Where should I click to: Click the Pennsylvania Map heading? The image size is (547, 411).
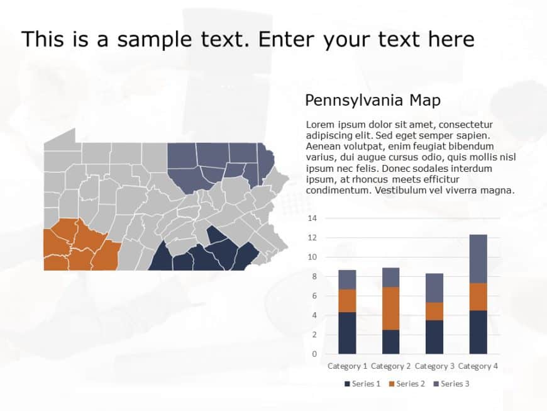click(x=372, y=100)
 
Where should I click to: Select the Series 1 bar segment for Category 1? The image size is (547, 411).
click(x=347, y=332)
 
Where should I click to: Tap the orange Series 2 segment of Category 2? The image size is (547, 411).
click(x=391, y=308)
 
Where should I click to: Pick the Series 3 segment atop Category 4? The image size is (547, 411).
click(x=478, y=259)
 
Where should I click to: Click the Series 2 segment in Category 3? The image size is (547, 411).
click(x=434, y=311)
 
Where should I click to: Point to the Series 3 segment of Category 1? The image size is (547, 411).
click(x=347, y=279)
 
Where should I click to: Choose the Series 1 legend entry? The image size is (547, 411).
click(x=362, y=383)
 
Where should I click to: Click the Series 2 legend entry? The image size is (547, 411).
click(x=407, y=383)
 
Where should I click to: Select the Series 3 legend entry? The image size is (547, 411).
click(x=451, y=383)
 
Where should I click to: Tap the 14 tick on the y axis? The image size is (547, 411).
click(x=312, y=218)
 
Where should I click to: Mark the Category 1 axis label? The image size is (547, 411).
click(x=348, y=366)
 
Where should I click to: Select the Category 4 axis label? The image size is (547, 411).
click(x=478, y=366)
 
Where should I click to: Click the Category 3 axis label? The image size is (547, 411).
click(x=434, y=366)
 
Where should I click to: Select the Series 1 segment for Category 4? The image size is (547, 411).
click(x=478, y=332)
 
